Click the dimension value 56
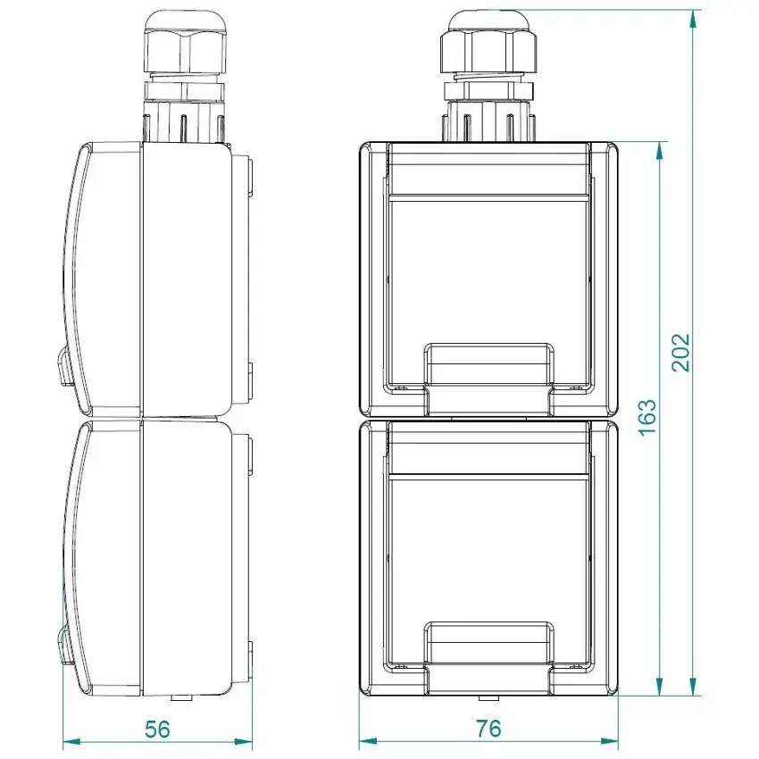click(157, 730)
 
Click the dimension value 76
click(488, 729)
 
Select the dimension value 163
click(647, 418)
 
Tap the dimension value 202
click(680, 353)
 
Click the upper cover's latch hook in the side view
click(64, 366)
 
